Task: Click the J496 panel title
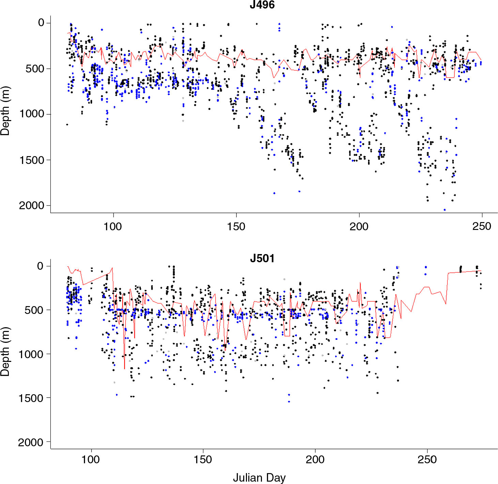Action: click(262, 5)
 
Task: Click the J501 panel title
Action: click(262, 258)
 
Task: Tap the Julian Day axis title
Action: click(259, 478)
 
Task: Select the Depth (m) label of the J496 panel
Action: click(5, 111)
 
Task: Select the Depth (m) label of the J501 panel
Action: click(5, 352)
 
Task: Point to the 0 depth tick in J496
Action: click(41, 23)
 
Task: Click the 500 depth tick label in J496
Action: click(35, 68)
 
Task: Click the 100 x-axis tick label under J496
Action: click(113, 227)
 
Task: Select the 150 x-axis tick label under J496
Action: click(236, 227)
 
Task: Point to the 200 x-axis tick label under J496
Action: click(359, 227)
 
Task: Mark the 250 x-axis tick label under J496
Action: click(482, 227)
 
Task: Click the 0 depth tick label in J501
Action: click(40, 266)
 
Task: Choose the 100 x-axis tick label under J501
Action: click(91, 460)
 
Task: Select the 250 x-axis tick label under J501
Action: click(427, 460)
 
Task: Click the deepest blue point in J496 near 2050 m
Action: click(445, 210)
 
